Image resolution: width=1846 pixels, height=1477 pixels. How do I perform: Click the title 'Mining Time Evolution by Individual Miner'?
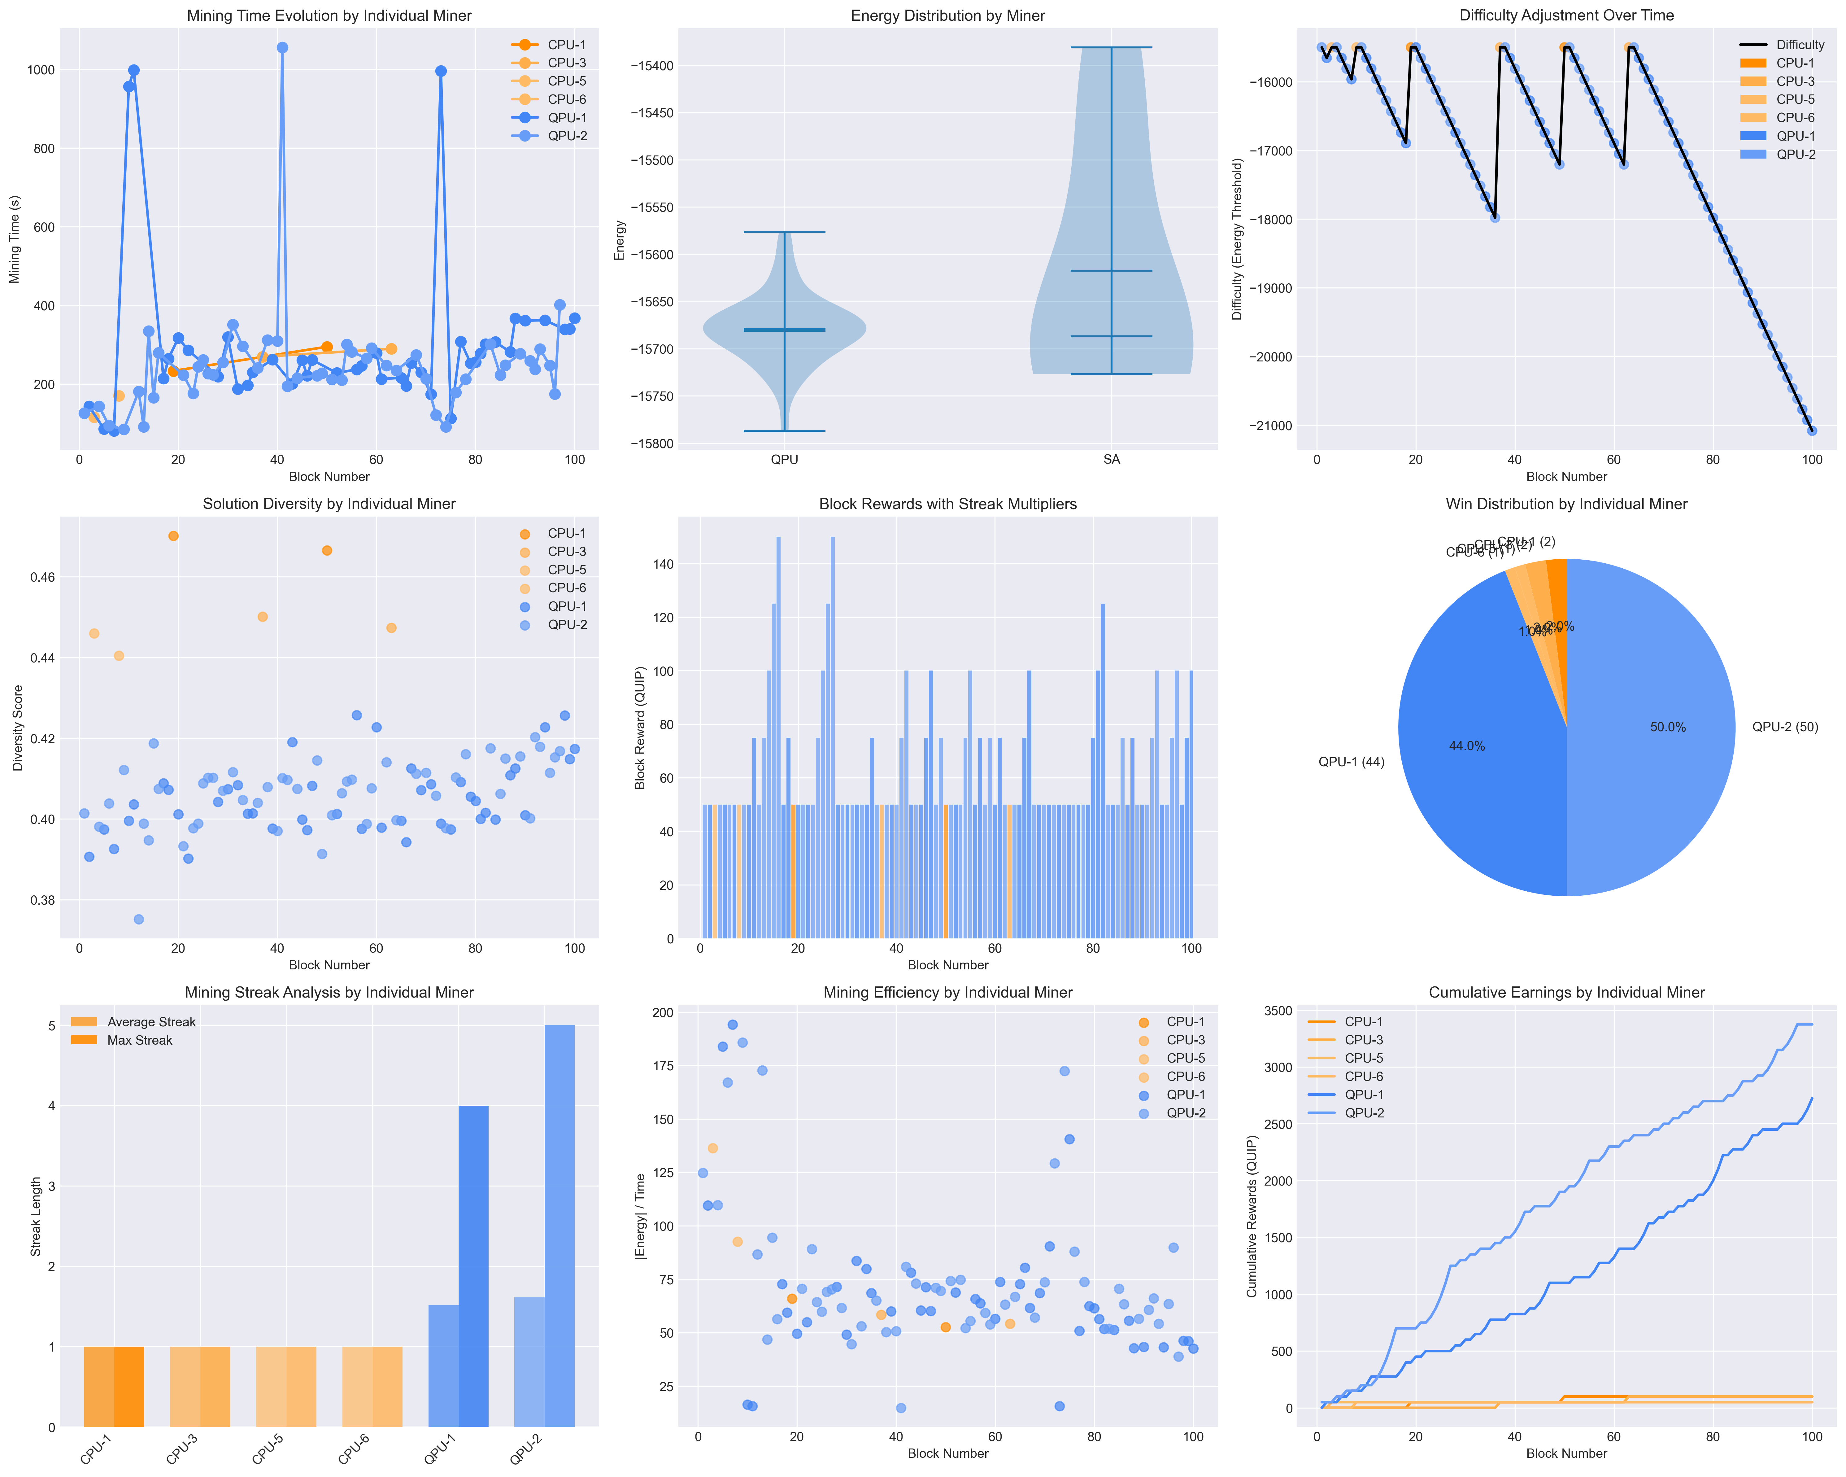[329, 15]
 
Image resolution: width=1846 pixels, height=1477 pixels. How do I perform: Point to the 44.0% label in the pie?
[1467, 746]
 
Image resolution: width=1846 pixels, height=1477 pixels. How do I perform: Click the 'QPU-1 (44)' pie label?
[1351, 762]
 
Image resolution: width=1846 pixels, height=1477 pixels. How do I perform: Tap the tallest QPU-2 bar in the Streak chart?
[559, 1224]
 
